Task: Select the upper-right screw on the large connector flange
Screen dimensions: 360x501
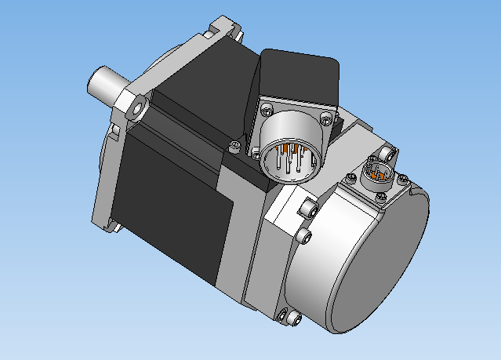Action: (x=325, y=118)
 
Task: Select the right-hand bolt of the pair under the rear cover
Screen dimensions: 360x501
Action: (x=294, y=318)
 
